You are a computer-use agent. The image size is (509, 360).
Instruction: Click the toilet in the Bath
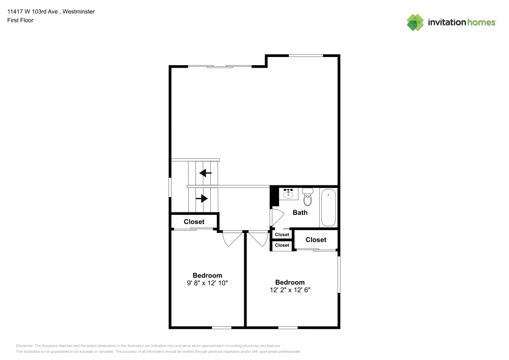[307, 196]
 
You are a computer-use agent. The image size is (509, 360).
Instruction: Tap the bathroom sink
[289, 193]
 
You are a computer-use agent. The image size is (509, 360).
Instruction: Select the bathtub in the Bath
[328, 207]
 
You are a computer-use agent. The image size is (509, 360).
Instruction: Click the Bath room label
[300, 212]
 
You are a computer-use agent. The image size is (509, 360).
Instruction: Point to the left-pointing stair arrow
[205, 173]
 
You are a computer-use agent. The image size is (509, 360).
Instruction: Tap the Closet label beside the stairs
[194, 221]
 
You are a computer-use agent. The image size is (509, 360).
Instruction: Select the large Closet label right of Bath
[316, 240]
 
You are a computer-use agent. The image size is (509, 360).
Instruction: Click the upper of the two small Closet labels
[282, 235]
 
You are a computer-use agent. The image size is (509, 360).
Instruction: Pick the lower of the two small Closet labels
[282, 245]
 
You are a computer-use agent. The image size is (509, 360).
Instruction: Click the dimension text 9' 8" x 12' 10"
[207, 283]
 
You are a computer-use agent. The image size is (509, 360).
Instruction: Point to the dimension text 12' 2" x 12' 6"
[290, 290]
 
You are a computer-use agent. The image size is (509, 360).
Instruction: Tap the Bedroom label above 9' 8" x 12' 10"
[207, 275]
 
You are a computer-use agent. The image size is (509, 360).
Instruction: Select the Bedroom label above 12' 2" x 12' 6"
[290, 282]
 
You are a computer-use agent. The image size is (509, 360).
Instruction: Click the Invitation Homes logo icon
[415, 22]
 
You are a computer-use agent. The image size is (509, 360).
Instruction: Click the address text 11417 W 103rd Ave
[33, 11]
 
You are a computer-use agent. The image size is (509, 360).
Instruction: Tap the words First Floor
[20, 20]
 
